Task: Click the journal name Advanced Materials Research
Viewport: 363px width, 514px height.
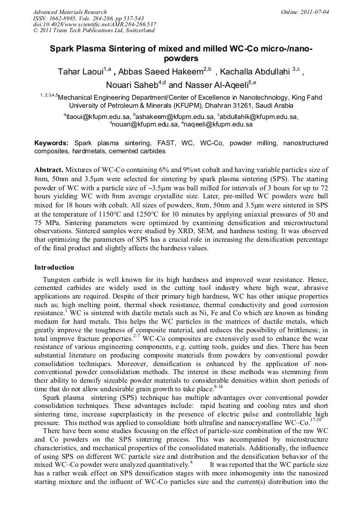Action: [70, 12]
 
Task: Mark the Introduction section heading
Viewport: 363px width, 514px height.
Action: [54, 267]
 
